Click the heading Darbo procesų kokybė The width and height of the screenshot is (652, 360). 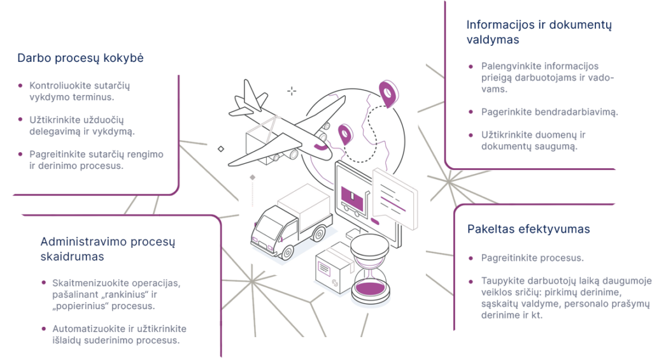80,58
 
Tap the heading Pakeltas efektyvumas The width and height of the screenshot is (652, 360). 528,229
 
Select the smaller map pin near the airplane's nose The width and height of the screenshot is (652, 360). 345,133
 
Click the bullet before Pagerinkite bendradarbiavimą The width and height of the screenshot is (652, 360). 471,112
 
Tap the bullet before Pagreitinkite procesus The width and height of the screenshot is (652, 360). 471,259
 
